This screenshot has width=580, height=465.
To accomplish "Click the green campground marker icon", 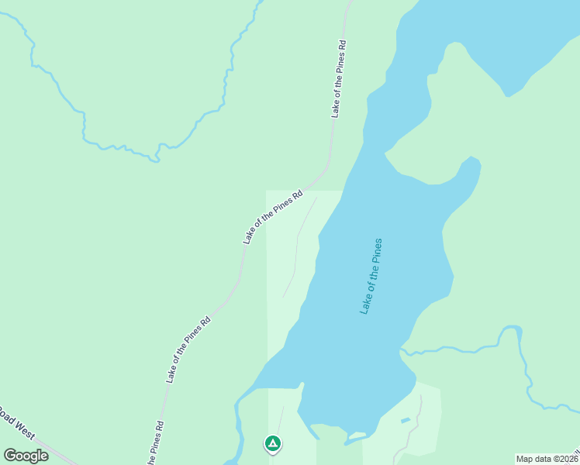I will (272, 443).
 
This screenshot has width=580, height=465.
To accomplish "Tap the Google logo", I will (26, 455).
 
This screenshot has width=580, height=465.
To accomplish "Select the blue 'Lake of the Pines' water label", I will (371, 276).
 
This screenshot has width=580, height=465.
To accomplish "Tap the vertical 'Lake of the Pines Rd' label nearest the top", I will (337, 77).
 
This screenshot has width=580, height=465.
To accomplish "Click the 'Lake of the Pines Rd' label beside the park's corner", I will (271, 217).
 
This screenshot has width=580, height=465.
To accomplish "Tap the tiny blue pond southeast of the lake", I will (406, 421).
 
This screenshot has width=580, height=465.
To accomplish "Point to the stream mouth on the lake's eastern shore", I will (402, 351).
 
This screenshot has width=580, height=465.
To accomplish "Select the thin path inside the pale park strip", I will (297, 248).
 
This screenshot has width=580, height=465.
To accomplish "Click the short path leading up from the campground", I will (279, 418).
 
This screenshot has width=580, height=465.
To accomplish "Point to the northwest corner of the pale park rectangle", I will (268, 191).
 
